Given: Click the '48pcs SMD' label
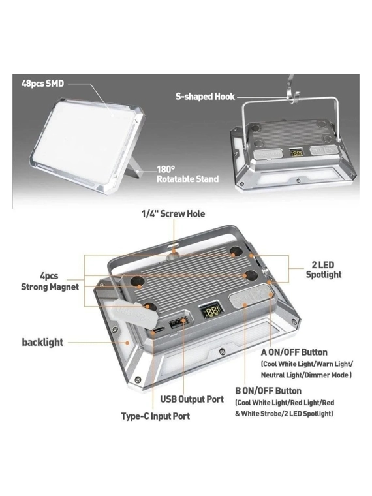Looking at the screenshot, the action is click(x=42, y=84).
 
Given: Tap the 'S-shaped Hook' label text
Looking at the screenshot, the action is click(x=206, y=97).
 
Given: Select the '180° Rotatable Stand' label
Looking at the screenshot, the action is click(x=187, y=174).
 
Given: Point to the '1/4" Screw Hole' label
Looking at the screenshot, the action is click(x=173, y=214).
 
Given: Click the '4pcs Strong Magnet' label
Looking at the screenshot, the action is click(x=50, y=281).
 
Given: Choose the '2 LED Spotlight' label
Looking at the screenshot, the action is click(x=324, y=270).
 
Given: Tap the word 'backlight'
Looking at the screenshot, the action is click(x=42, y=342).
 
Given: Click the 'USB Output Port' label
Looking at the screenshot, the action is click(x=192, y=399).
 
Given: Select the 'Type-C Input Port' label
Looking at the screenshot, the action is click(x=155, y=416).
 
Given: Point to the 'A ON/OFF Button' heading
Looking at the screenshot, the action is click(x=294, y=352).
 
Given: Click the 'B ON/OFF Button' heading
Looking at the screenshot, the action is click(x=268, y=391).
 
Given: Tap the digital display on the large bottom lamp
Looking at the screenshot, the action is click(x=210, y=312).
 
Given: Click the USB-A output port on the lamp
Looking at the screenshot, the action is click(x=176, y=324).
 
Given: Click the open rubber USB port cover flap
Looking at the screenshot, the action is click(x=132, y=313).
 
